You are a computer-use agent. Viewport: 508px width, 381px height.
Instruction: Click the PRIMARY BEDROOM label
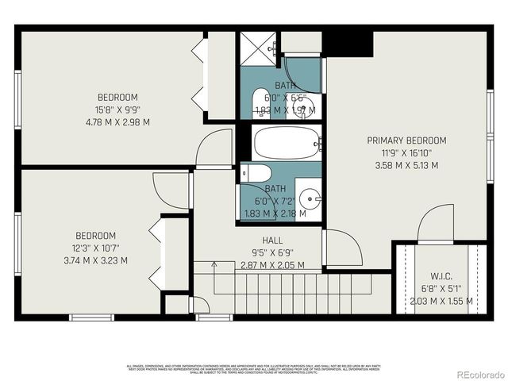(406, 140)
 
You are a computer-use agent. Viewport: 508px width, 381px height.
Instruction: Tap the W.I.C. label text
(441, 276)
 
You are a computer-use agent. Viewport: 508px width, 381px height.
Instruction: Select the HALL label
(272, 241)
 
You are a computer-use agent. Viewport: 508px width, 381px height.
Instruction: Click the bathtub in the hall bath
(287, 144)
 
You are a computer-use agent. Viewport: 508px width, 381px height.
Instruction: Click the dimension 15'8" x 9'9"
(117, 110)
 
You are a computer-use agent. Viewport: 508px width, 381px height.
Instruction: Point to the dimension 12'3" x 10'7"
(96, 248)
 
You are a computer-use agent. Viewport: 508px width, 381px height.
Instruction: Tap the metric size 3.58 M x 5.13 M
(406, 165)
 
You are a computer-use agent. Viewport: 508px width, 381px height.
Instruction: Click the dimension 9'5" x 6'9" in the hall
(272, 252)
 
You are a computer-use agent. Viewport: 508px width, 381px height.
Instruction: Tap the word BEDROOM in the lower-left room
(96, 236)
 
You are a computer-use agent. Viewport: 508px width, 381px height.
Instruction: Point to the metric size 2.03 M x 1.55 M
(441, 301)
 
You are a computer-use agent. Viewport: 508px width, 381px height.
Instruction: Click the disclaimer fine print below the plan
(254, 369)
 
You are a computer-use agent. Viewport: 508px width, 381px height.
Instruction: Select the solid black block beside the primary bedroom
(348, 44)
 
